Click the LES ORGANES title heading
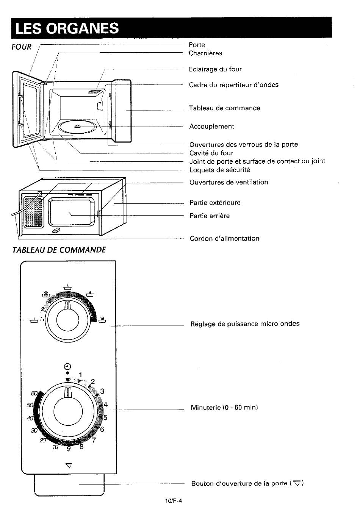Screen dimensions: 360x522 pos(67,28)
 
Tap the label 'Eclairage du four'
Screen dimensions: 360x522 pos(215,69)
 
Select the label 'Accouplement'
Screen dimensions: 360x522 pos(211,126)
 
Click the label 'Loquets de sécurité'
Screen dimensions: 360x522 pos(220,170)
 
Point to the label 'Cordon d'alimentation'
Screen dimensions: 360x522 pos(225,238)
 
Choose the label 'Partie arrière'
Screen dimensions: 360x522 pos(210,216)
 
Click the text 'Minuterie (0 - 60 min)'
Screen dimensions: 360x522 pos(224,407)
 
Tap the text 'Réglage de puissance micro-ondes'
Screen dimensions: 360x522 pos(245,324)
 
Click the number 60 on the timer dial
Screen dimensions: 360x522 pos(34,393)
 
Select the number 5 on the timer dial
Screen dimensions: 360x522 pos(105,417)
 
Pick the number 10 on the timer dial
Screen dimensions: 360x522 pos(55,447)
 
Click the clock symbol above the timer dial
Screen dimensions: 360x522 pos(67,367)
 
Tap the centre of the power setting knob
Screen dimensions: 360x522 pos(67,320)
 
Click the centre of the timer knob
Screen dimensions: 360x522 pos(68,411)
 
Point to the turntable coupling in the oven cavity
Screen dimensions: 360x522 pos(78,127)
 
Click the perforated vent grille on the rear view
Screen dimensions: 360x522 pos(33,213)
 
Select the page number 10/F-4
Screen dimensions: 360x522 pos(173,500)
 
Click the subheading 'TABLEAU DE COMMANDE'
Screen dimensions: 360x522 pos(59,250)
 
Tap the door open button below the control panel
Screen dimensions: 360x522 pos(69,485)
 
